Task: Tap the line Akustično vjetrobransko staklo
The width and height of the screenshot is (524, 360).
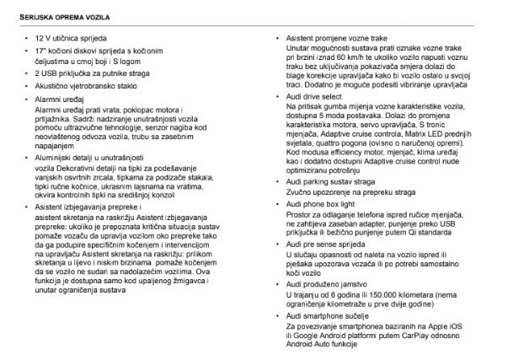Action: [x=74, y=86]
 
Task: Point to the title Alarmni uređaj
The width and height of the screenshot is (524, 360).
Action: [x=56, y=99]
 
